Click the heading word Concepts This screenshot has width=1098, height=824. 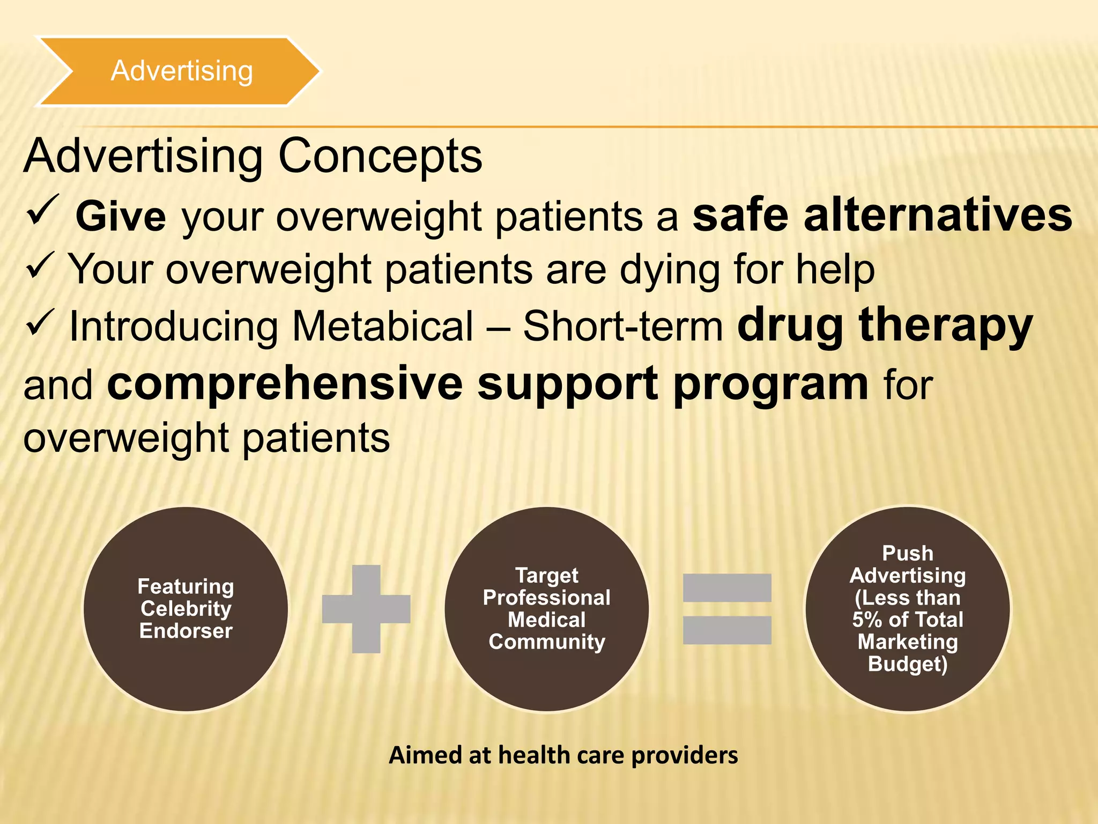tap(380, 156)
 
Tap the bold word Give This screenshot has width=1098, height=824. tap(121, 216)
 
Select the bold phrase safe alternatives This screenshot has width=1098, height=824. tap(882, 215)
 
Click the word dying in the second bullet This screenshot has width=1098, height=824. tap(670, 270)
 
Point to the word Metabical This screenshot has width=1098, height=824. tap(383, 326)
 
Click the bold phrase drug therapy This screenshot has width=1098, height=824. tap(885, 326)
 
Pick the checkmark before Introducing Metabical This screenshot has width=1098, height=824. tap(40, 322)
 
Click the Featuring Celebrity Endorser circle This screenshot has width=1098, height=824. tap(186, 609)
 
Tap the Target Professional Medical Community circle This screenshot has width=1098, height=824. tap(546, 609)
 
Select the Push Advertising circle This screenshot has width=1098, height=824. tap(907, 609)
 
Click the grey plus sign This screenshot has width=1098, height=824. tap(366, 609)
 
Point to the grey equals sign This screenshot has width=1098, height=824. tap(727, 609)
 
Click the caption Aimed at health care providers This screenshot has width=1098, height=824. tap(563, 755)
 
